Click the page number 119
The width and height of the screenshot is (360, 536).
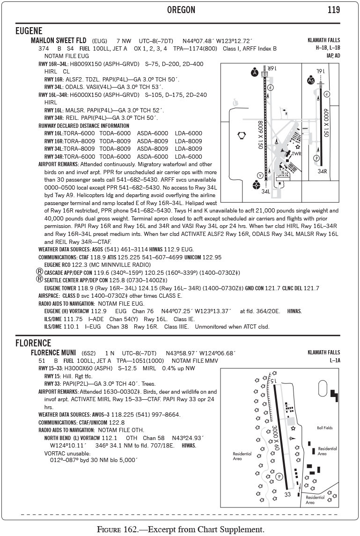[334, 10]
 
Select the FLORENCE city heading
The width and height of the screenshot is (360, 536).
[33, 343]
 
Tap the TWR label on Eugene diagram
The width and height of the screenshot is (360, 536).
[296, 154]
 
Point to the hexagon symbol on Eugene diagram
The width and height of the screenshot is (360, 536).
[242, 136]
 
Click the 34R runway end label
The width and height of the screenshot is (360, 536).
[322, 171]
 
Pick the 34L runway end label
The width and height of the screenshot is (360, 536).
[266, 191]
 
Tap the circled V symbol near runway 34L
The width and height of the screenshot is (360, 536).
[260, 175]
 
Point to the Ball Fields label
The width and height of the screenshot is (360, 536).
[324, 428]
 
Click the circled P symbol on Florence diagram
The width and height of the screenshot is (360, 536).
[279, 477]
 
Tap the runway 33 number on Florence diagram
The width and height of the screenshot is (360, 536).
[287, 494]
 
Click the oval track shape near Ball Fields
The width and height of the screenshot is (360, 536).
[323, 388]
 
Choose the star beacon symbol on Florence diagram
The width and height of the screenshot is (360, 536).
[293, 428]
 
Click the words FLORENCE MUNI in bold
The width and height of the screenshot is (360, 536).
[53, 352]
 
